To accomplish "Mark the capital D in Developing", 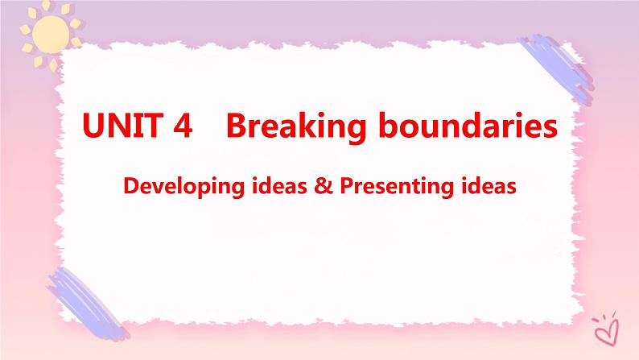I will tap(130, 187).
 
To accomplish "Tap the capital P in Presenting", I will tap(344, 187).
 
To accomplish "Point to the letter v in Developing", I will tap(155, 187).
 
